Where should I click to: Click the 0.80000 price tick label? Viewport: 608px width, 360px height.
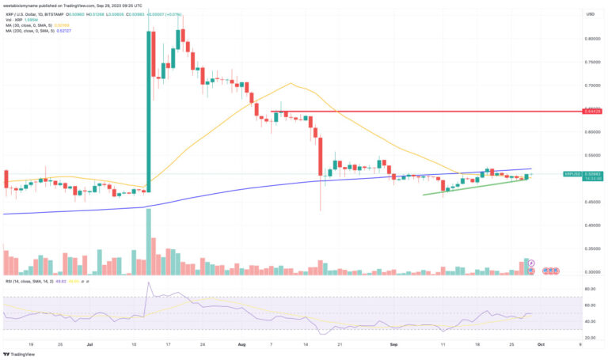[592, 39]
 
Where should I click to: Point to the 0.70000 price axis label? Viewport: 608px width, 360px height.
[592, 85]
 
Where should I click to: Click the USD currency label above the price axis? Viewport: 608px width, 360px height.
[589, 14]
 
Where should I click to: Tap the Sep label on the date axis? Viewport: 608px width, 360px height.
[393, 346]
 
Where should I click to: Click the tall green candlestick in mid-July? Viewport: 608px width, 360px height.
[149, 111]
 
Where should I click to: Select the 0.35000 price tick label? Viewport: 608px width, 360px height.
[592, 248]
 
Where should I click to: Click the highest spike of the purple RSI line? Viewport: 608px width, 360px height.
[149, 283]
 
